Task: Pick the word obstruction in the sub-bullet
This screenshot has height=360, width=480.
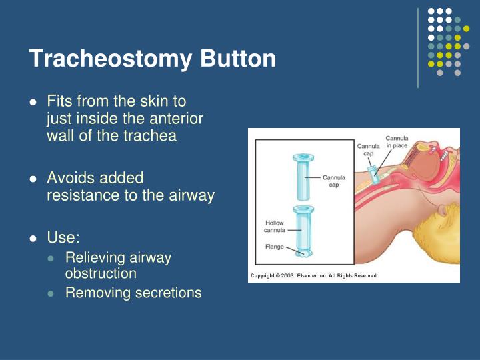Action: point(101,273)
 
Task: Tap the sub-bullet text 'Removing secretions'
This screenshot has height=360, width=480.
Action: point(133,292)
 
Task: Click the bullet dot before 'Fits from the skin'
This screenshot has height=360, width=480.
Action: point(33,103)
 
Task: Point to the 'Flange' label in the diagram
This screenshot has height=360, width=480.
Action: point(274,247)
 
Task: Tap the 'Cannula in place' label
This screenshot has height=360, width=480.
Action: point(397,142)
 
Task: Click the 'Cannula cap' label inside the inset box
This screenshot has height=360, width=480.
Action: point(333,181)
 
